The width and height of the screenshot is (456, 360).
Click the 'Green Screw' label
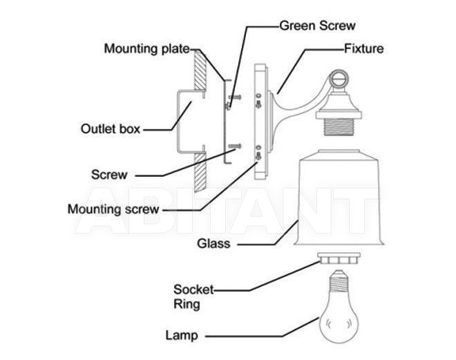(317, 26)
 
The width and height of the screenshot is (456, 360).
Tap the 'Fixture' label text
(364, 48)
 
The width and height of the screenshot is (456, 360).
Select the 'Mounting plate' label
(147, 48)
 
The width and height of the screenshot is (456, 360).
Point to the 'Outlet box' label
(111, 129)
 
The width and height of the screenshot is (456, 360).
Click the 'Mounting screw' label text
(113, 209)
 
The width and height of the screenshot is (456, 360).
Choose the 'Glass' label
(213, 243)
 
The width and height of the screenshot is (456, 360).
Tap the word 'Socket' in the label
(193, 290)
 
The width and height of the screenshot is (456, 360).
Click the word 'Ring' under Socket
(187, 304)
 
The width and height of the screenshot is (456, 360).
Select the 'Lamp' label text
(182, 335)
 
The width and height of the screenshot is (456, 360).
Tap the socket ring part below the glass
(339, 258)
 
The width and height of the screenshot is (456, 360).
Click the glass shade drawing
(339, 198)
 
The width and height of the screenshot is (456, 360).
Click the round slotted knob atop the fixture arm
(339, 79)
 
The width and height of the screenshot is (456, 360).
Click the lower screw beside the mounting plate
(235, 146)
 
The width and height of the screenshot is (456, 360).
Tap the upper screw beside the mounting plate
(236, 97)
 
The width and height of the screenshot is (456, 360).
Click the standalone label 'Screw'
(109, 175)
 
